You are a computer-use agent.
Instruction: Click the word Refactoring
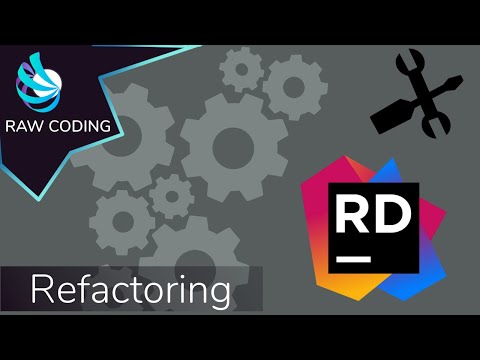[x=130, y=291]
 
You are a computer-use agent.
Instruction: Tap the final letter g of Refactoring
[x=218, y=296]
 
